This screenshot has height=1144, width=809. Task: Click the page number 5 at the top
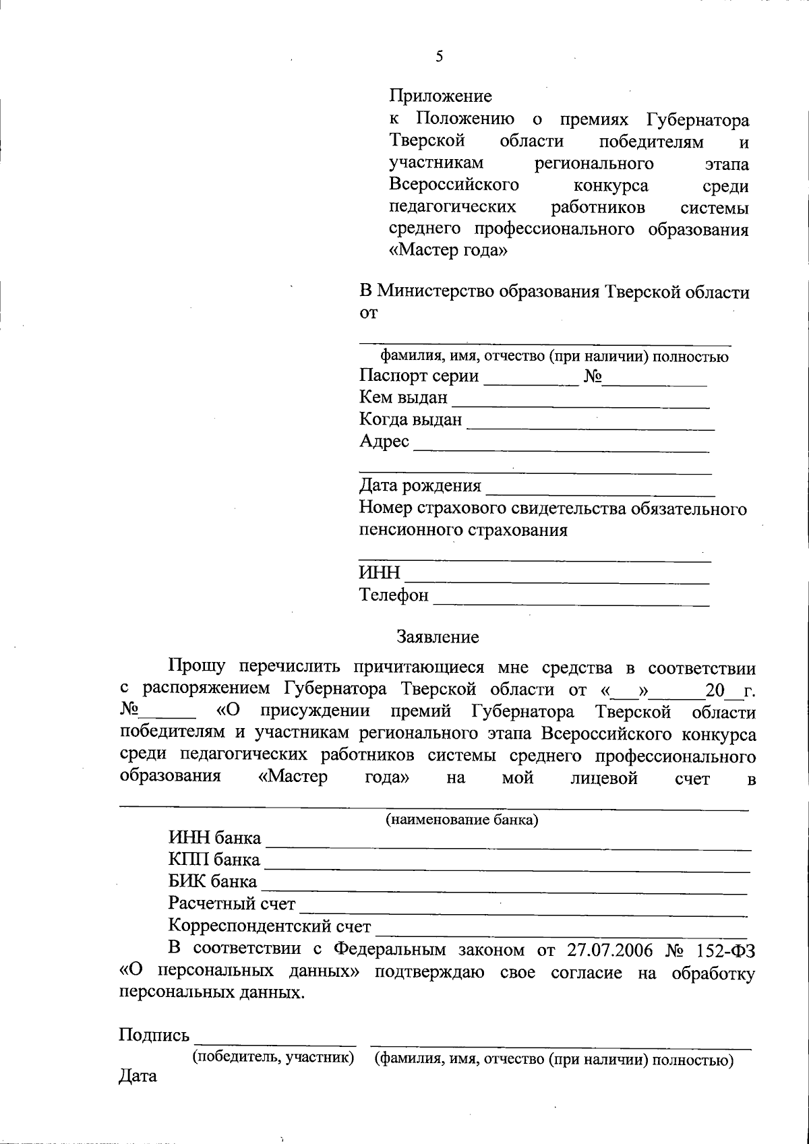440,57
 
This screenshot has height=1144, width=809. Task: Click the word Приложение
441,96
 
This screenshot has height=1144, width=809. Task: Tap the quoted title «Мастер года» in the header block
448,251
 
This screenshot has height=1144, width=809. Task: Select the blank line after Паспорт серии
531,383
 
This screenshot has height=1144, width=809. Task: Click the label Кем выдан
403,398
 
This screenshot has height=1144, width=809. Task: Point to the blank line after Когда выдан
590,427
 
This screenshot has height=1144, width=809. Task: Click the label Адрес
384,442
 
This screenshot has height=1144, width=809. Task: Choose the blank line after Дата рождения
600,493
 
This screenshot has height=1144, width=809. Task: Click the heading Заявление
438,637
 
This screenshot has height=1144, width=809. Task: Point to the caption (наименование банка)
461,820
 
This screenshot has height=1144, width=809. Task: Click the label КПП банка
214,860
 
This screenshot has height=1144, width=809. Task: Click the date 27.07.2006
610,951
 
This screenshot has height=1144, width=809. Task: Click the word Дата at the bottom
138,1076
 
